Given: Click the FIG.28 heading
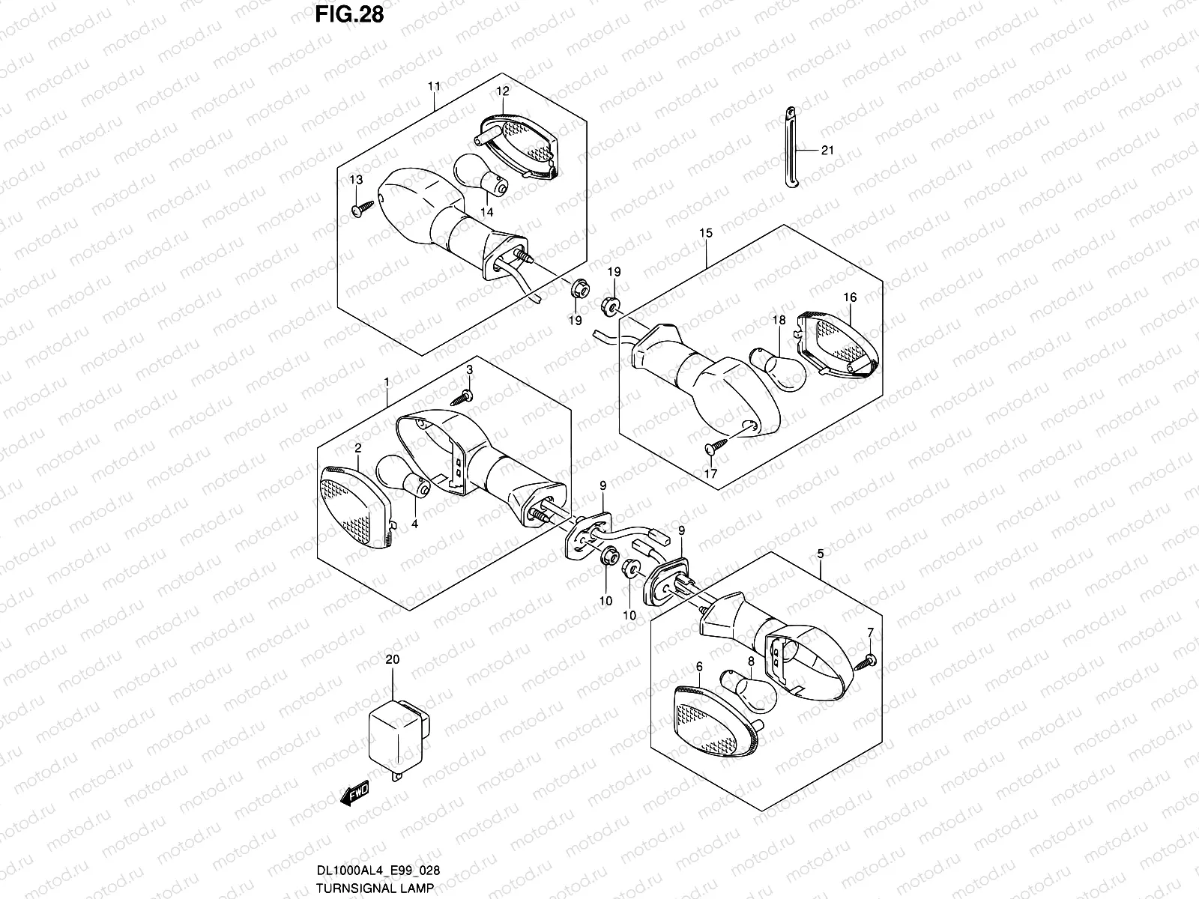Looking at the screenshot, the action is (349, 15).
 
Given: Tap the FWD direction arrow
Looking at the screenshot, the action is (354, 793).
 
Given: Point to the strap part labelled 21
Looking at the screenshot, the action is (791, 148).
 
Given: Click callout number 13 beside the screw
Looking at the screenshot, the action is (356, 180).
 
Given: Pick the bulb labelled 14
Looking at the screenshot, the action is (481, 175).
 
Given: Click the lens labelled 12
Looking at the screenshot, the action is (519, 146).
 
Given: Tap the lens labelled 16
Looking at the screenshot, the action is (838, 343).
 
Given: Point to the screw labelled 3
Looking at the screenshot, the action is (462, 398).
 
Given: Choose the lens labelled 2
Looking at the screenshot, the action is (356, 507).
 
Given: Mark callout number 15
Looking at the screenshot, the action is (706, 233).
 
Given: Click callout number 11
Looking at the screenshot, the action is (434, 86).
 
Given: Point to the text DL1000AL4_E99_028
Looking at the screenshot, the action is (378, 870).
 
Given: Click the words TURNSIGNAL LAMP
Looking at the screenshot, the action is (375, 888).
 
